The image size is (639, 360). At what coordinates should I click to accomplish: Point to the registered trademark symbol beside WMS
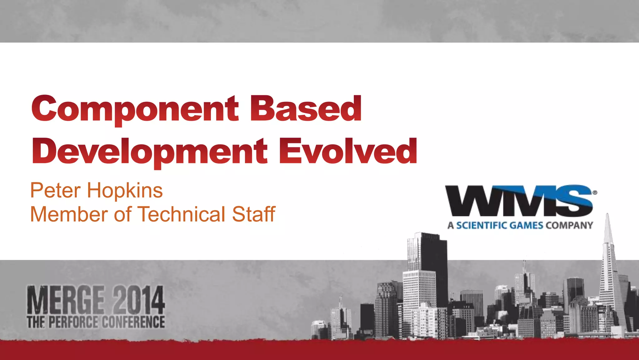[x=595, y=193]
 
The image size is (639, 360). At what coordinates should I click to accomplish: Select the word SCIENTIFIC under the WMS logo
[x=484, y=225]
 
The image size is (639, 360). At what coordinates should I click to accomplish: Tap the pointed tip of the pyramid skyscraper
[x=607, y=215]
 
